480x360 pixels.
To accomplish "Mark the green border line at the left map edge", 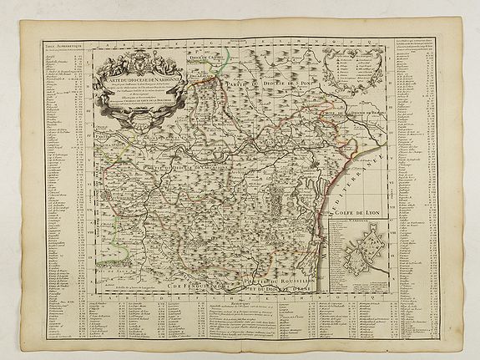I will click(101, 267).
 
